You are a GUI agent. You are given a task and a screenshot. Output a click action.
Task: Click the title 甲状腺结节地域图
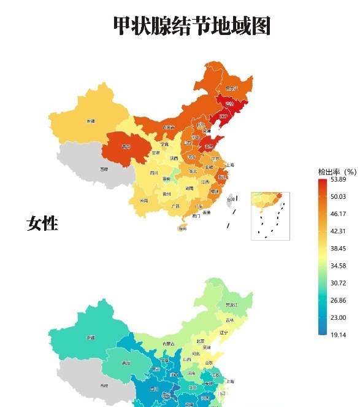click(192, 26)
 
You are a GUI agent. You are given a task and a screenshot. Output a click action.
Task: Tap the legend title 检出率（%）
click(337, 171)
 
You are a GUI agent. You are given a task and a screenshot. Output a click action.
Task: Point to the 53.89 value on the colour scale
click(339, 179)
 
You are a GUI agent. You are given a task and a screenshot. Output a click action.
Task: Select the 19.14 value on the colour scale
click(339, 335)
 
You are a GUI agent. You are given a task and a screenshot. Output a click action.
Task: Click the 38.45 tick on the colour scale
click(339, 249)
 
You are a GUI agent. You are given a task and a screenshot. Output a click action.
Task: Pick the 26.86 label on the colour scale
click(339, 300)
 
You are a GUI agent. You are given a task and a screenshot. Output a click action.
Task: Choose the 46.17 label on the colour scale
click(339, 214)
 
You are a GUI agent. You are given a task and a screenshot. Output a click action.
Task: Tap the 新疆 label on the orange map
click(91, 121)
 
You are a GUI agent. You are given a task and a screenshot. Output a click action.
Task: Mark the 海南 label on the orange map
click(182, 228)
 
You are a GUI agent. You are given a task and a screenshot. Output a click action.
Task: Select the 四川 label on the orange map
click(154, 173)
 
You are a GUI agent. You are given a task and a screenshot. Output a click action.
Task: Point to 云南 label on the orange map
click(144, 201)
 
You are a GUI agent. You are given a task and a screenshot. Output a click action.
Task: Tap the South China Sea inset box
click(270, 215)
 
